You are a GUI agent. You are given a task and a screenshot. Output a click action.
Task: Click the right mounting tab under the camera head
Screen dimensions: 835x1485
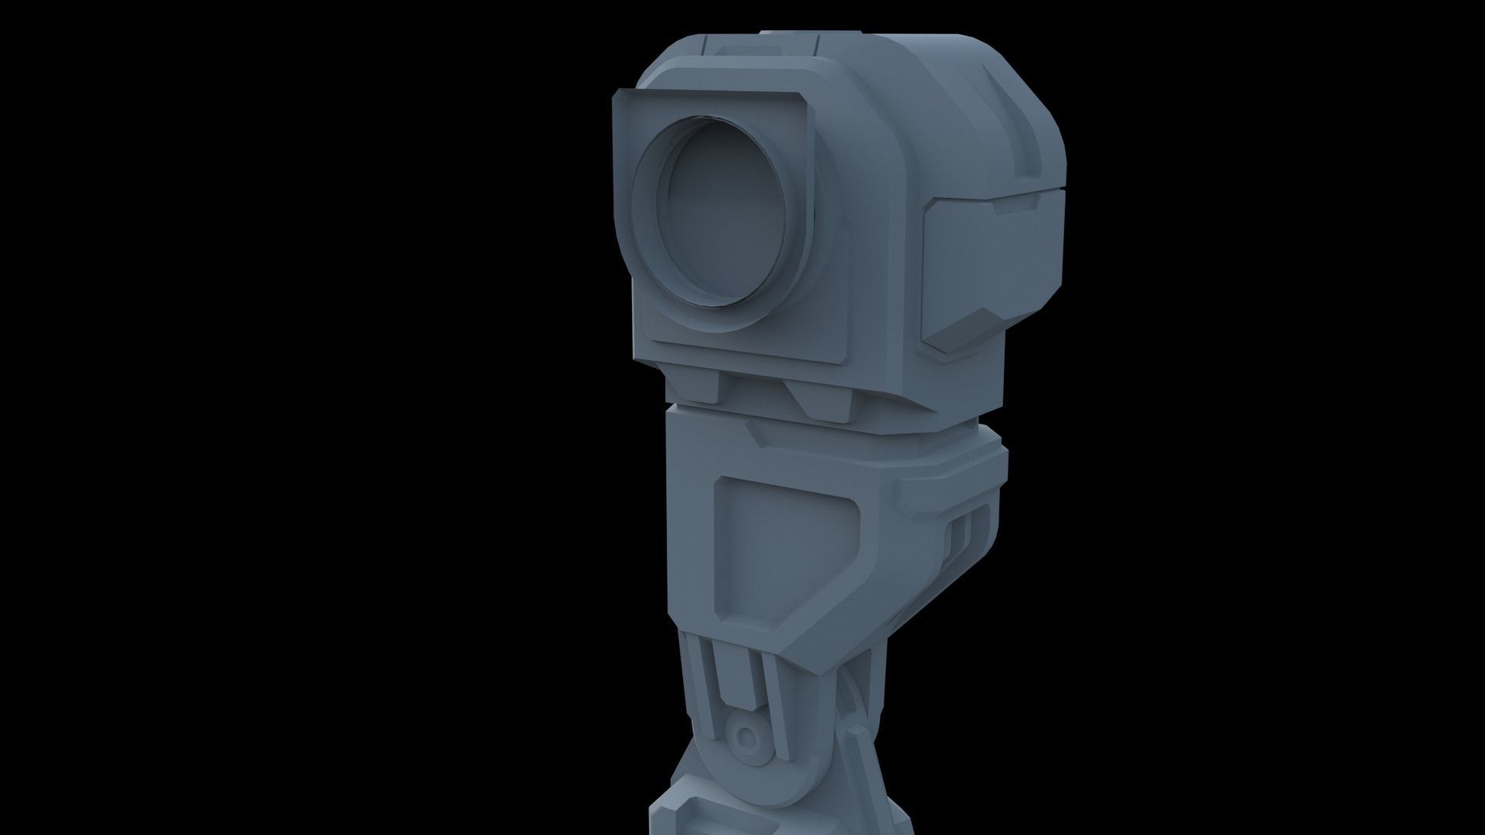[824, 398]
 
